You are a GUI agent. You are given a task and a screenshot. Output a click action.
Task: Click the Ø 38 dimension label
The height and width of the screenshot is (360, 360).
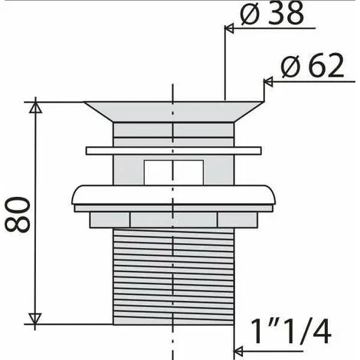(x=272, y=13)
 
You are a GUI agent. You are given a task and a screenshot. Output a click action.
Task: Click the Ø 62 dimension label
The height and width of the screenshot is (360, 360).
(x=313, y=65)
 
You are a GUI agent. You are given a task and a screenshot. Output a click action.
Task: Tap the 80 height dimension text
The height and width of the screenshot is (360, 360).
(x=18, y=214)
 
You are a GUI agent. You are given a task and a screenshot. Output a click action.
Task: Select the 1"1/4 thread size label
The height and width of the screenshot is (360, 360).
(x=290, y=332)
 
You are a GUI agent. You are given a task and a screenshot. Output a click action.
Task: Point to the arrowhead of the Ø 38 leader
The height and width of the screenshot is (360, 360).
(x=229, y=28)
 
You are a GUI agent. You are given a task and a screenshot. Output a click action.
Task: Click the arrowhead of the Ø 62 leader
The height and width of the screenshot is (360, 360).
(x=268, y=82)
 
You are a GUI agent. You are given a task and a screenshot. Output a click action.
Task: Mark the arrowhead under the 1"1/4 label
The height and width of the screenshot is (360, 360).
(x=238, y=352)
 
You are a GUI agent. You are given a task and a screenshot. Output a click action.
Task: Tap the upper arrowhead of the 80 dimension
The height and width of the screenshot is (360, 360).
(x=35, y=106)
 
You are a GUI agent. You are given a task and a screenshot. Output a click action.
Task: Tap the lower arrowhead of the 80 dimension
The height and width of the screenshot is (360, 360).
(x=35, y=319)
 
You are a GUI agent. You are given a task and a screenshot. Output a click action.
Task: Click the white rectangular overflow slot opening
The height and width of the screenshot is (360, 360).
(x=174, y=172)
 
